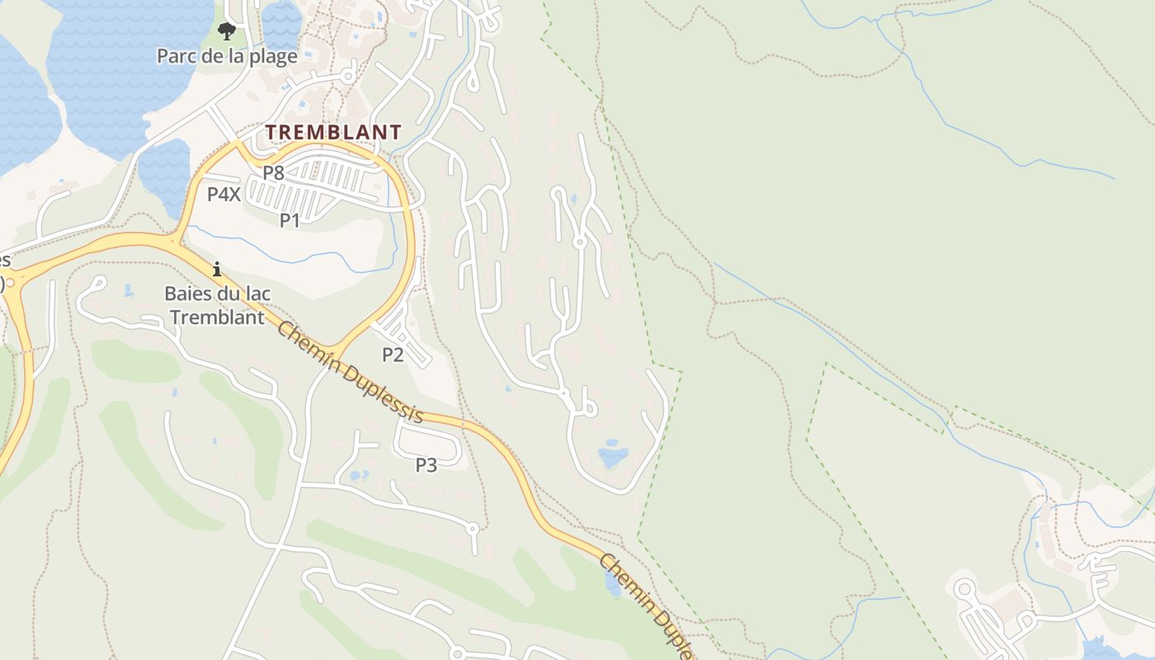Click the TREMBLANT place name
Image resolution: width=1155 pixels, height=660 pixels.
[333, 132]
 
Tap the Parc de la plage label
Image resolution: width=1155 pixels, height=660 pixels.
[227, 57]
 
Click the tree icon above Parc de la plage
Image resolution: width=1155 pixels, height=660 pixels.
[226, 32]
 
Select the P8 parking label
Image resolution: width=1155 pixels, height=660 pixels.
[273, 173]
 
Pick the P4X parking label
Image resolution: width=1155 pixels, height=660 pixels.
[224, 195]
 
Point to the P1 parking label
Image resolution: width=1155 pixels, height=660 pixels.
[290, 220]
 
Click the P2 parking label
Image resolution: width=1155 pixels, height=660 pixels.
[393, 355]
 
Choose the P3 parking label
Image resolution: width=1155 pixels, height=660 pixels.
[426, 465]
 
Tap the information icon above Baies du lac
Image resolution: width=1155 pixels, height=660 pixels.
[217, 269]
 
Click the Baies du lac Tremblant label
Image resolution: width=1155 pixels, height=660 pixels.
[218, 305]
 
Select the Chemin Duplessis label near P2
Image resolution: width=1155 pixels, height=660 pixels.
[350, 372]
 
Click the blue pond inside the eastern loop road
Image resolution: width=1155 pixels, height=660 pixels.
[613, 455]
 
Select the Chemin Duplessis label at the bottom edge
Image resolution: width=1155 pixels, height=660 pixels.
[648, 606]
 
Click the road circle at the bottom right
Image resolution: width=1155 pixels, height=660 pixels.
[964, 589]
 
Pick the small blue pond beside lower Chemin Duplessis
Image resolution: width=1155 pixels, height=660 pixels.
[612, 585]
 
